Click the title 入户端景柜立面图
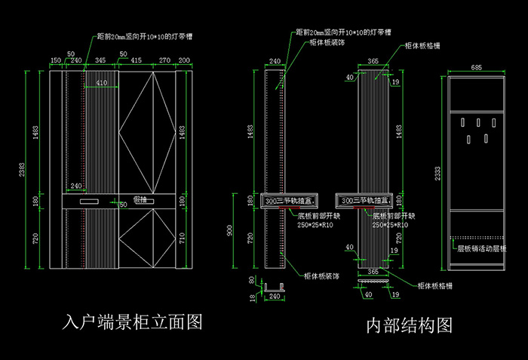pyautogui.click(x=133, y=322)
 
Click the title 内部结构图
pyautogui.click(x=409, y=325)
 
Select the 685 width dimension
pyautogui.click(x=476, y=68)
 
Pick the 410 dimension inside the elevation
pyautogui.click(x=101, y=82)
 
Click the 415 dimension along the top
pyautogui.click(x=137, y=60)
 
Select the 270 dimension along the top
pyautogui.click(x=164, y=60)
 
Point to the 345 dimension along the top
pyautogui.click(x=100, y=60)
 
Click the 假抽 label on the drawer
pyautogui.click(x=140, y=199)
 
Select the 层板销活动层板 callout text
pyautogui.click(x=482, y=248)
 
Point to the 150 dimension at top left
pyautogui.click(x=55, y=60)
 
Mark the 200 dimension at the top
pyautogui.click(x=185, y=60)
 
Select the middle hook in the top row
pyautogui.click(x=477, y=124)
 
